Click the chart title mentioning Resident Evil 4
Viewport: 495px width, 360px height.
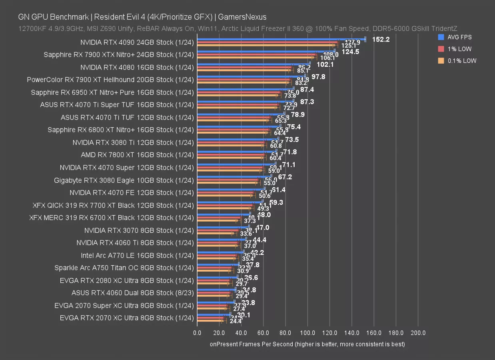pyautogui.click(x=142, y=17)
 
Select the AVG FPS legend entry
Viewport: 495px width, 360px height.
pyautogui.click(x=459, y=37)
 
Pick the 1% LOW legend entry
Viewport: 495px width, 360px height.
pyautogui.click(x=459, y=49)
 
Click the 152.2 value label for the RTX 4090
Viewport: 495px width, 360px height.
pyautogui.click(x=381, y=39)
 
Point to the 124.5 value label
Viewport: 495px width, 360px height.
pyautogui.click(x=350, y=52)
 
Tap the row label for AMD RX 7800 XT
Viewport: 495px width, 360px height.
pyautogui.click(x=137, y=155)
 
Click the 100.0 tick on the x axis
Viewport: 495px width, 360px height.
pyautogui.click(x=307, y=333)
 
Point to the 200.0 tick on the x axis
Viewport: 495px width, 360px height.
pyautogui.click(x=418, y=333)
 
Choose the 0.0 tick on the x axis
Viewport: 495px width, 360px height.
pyautogui.click(x=197, y=333)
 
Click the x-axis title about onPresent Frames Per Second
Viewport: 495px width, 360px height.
pyautogui.click(x=307, y=344)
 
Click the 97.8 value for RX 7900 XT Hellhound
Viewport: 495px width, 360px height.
pyautogui.click(x=318, y=77)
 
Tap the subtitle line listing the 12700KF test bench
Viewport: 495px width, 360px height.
pyautogui.click(x=238, y=28)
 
